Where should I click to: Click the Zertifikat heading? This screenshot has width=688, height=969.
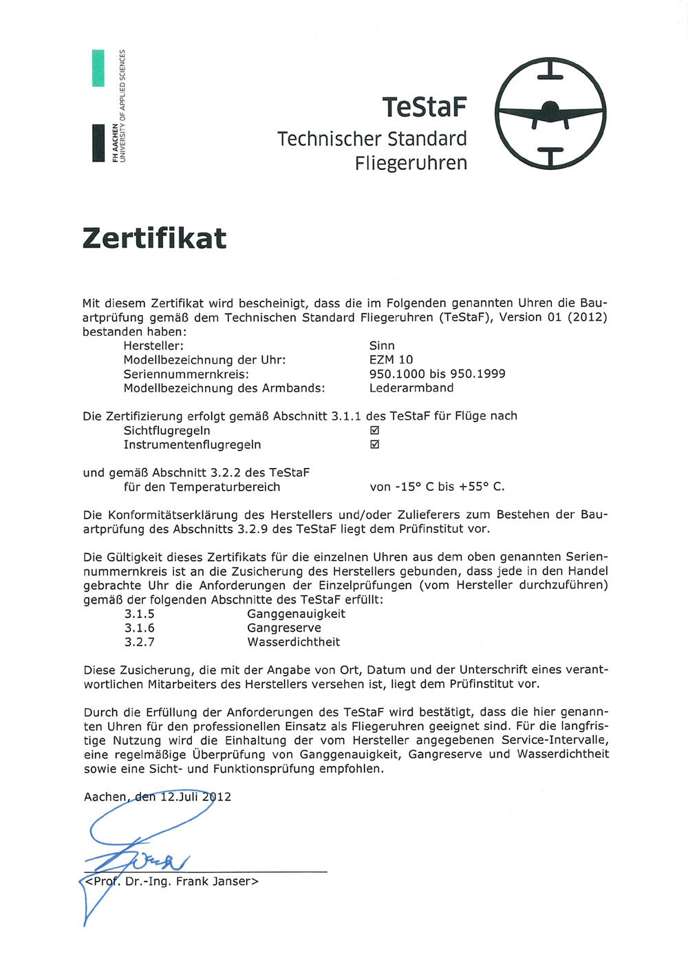tap(154, 238)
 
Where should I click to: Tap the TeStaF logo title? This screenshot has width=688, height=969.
tap(424, 107)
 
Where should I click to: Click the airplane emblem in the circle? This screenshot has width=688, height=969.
tap(550, 114)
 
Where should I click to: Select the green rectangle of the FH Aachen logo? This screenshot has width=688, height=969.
tap(98, 68)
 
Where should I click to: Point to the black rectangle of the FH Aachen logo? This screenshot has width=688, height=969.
tap(98, 143)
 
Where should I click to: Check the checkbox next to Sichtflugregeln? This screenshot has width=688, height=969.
tap(375, 430)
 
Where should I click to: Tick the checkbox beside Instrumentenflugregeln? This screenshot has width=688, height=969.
tap(375, 445)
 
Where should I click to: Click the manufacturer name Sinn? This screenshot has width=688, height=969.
tap(382, 345)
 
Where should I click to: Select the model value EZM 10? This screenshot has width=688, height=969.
tap(391, 359)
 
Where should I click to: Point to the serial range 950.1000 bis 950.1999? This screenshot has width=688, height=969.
tap(437, 374)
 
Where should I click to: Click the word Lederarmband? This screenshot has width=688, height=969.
tap(411, 387)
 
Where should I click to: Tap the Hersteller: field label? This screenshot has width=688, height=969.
tap(153, 345)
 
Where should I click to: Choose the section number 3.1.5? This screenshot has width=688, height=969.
tap(140, 614)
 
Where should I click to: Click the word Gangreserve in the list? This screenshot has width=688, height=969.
tap(284, 628)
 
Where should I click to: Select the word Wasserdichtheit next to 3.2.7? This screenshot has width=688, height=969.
tap(294, 642)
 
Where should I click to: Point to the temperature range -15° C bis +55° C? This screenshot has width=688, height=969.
tap(437, 487)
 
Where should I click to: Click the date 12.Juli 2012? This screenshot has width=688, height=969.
tap(195, 797)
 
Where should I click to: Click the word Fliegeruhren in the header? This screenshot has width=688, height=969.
tap(411, 163)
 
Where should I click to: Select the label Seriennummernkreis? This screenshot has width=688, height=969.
tap(186, 374)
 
